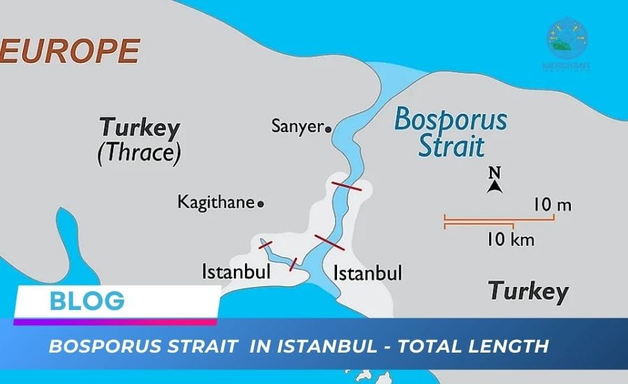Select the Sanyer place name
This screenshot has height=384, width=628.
(x=297, y=127)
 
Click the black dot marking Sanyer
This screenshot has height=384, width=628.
(x=328, y=128)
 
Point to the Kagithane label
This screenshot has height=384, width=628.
(x=216, y=202)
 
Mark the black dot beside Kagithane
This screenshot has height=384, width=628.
(x=261, y=204)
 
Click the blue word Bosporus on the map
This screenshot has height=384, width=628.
(x=450, y=120)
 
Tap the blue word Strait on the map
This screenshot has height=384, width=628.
(x=450, y=147)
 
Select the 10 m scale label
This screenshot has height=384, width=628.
(x=552, y=205)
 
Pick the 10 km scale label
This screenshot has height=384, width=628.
(x=511, y=240)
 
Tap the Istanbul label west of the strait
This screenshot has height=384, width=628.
(x=236, y=272)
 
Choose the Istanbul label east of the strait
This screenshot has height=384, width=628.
(x=368, y=272)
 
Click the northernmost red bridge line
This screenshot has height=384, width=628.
(x=346, y=186)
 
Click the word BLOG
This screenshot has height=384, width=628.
(x=87, y=301)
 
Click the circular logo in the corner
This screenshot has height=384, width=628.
(x=567, y=38)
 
